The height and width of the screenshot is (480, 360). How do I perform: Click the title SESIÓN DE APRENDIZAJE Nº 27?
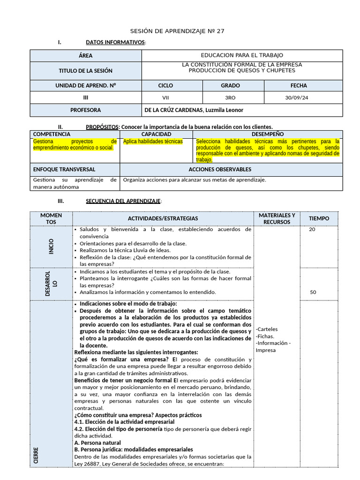point(180,31)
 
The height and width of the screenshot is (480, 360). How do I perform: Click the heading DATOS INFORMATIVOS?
point(115,43)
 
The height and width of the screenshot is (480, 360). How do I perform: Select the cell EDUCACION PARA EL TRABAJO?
point(242,55)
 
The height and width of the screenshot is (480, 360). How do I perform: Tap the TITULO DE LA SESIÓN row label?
point(85,71)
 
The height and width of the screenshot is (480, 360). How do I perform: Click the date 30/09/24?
point(296,98)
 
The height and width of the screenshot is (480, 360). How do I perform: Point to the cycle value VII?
point(165,98)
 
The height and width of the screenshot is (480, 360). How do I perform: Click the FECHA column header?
point(299,86)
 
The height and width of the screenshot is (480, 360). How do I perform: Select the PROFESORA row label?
point(85,110)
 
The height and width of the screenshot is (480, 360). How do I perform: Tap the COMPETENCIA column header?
point(52,134)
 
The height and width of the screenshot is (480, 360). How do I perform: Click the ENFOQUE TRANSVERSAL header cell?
point(64,169)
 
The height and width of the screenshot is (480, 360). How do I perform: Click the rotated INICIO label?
point(51,247)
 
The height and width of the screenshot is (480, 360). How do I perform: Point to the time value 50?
point(313,292)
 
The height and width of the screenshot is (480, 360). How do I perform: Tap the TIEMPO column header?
point(319,218)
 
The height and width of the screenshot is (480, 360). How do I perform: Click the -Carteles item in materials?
point(268,329)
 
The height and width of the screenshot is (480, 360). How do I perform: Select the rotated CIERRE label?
point(36,456)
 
